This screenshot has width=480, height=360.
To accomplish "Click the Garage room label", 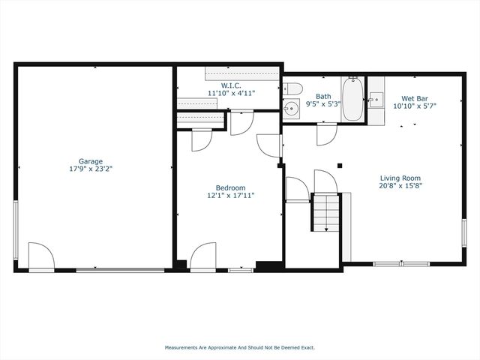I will coord(91,161).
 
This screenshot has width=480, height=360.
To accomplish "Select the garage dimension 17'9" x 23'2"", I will coord(91,169).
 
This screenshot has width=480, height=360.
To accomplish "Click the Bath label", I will coord(323,96).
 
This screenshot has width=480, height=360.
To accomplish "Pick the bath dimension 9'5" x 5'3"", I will coord(323,104).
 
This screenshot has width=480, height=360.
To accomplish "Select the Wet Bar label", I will coord(415,98).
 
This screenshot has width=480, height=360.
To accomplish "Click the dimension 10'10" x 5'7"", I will coord(415,106).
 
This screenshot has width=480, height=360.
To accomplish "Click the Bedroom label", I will coord(230,187).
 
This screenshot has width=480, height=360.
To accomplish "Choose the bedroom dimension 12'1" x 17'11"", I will coord(230,196).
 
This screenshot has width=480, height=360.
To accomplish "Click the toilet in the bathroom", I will coord(292,90).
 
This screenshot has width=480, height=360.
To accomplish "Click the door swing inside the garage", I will coord(39,255).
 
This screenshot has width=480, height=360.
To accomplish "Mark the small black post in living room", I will coord(340,166).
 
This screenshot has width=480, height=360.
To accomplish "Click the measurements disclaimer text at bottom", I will coord(240,347).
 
